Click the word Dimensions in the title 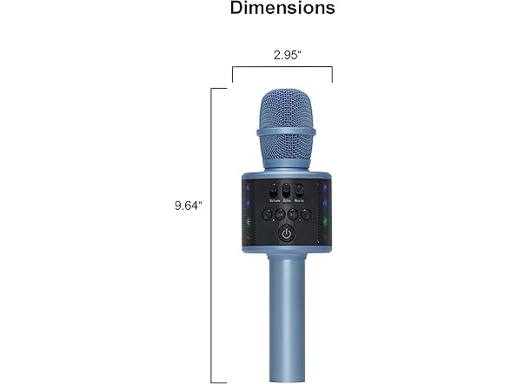(282, 10)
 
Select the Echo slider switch (287, 191)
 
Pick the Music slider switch (299, 190)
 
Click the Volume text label (274, 201)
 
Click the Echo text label (287, 201)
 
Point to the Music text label (299, 201)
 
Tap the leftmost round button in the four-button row (267, 214)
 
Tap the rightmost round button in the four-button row (305, 214)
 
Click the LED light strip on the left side (247, 209)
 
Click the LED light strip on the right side (324, 209)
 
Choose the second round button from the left (280, 214)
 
